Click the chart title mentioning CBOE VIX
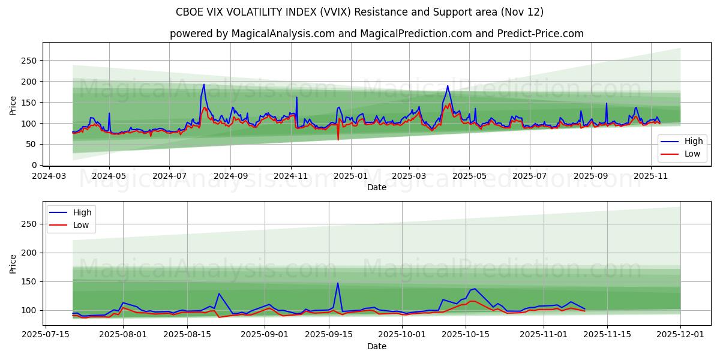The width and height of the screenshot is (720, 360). pyautogui.click(x=359, y=12)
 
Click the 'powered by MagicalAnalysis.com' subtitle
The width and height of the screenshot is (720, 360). pyautogui.click(x=376, y=34)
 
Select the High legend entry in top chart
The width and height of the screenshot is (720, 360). pyautogui.click(x=684, y=142)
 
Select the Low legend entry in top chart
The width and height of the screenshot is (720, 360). pyautogui.click(x=684, y=154)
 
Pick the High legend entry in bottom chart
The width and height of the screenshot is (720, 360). pyautogui.click(x=73, y=212)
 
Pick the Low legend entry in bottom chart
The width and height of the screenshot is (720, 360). pyautogui.click(x=73, y=225)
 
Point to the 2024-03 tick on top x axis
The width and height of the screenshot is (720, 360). pyautogui.click(x=49, y=177)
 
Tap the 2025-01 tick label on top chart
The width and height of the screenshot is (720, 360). pyautogui.click(x=350, y=177)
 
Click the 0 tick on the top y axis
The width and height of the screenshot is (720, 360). pyautogui.click(x=35, y=165)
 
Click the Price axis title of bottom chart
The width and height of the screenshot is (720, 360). pyautogui.click(x=13, y=263)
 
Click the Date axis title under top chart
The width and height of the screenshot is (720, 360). pyautogui.click(x=376, y=188)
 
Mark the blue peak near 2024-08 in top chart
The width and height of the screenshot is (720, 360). pyautogui.click(x=203, y=85)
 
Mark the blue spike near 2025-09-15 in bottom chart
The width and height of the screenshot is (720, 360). pyautogui.click(x=338, y=283)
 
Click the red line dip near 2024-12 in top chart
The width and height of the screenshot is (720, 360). pyautogui.click(x=338, y=140)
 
